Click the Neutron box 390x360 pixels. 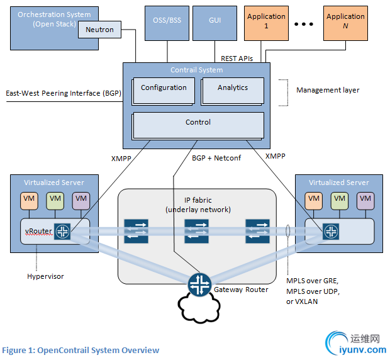coord(100,29)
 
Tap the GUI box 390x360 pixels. coord(215,20)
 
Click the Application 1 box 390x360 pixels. coord(266,21)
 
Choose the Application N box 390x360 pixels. coord(345,21)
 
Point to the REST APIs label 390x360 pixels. coord(237,59)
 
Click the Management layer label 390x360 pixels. coord(328,90)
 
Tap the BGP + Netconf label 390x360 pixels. coord(216,158)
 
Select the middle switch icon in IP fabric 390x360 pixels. coord(196,230)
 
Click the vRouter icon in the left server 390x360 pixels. coord(62,231)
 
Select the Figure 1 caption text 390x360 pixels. coord(81,350)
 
